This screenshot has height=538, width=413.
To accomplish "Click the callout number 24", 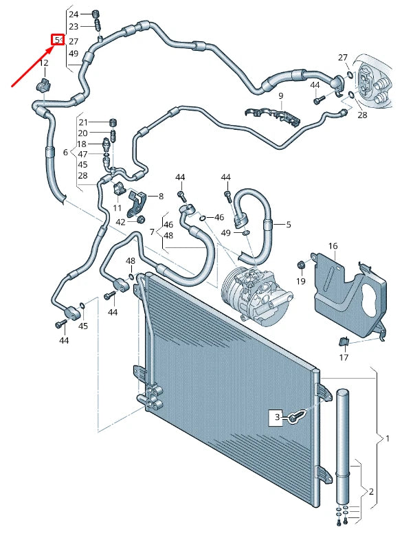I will click(74, 14).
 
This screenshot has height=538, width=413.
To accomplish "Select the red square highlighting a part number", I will click(58, 41).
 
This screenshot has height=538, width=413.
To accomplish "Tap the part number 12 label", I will click(43, 63).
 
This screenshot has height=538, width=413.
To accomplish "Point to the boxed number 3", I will click(278, 416).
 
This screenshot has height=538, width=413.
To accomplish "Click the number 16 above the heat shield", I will click(333, 245).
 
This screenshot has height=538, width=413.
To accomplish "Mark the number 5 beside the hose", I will click(289, 224).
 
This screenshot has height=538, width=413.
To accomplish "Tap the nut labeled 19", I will click(300, 265).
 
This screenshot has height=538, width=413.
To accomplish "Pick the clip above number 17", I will click(344, 342).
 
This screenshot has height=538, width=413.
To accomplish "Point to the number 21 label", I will click(82, 122).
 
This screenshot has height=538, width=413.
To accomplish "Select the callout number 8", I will click(161, 197).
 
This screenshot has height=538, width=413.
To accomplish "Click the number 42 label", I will click(121, 221).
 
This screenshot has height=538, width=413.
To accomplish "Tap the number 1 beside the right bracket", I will click(387, 438).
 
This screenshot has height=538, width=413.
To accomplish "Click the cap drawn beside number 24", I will click(96, 13).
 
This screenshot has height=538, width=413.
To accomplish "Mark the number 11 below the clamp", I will click(117, 207).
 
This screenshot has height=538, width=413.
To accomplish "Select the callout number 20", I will click(82, 133).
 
